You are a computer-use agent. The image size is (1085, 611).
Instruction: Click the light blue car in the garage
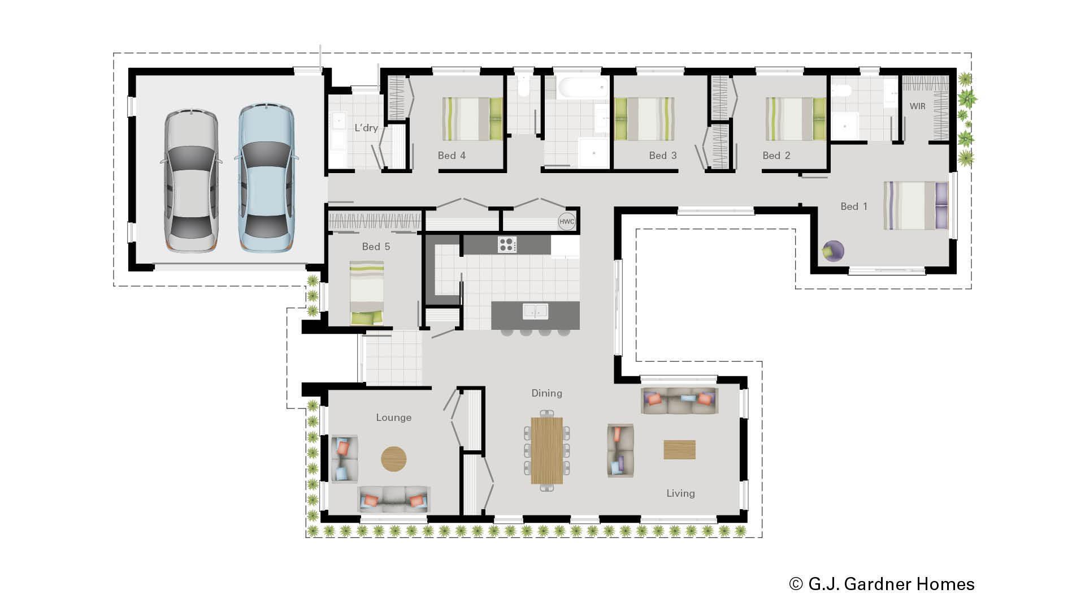pyautogui.click(x=265, y=178)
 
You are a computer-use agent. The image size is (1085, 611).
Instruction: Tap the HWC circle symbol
pyautogui.click(x=566, y=222)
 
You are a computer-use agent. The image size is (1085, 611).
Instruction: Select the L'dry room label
pyautogui.click(x=366, y=128)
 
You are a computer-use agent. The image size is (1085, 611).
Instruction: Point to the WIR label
pyautogui.click(x=917, y=106)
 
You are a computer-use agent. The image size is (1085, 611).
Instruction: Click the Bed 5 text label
pyautogui.click(x=376, y=247)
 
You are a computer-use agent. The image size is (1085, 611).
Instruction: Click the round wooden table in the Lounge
pyautogui.click(x=393, y=459)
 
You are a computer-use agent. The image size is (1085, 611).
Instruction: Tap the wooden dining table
pyautogui.click(x=546, y=450)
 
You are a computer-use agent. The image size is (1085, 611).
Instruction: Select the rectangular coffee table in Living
pyautogui.click(x=679, y=450)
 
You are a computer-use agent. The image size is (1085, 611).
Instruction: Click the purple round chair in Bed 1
pyautogui.click(x=833, y=251)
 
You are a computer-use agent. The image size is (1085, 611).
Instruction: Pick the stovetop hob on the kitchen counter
pyautogui.click(x=507, y=244)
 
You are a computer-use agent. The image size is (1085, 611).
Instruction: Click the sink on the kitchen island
pyautogui.click(x=535, y=311)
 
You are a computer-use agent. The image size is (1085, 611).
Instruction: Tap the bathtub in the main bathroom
pyautogui.click(x=583, y=88)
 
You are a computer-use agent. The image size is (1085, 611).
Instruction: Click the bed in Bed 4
pyautogui.click(x=472, y=119)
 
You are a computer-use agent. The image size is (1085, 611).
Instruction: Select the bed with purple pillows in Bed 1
pyautogui.click(x=915, y=205)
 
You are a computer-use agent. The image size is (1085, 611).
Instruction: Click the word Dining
pyautogui.click(x=546, y=393)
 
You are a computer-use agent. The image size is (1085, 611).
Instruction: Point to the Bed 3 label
pyautogui.click(x=662, y=156)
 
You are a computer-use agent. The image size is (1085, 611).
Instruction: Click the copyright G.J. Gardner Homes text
pyautogui.click(x=882, y=584)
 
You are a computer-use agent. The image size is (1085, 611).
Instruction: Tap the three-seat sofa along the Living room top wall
pyautogui.click(x=679, y=401)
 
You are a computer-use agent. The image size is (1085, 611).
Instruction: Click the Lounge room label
pyautogui.click(x=393, y=418)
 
